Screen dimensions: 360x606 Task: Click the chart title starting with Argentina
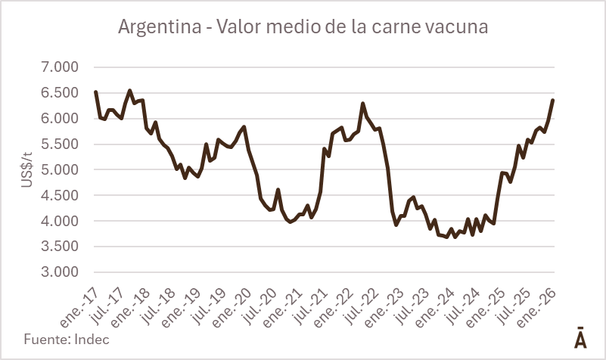click(303, 26)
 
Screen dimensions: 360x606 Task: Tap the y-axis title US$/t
click(26, 169)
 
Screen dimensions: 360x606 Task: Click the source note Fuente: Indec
click(67, 339)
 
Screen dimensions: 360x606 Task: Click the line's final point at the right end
click(553, 100)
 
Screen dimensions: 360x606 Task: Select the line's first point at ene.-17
click(95, 92)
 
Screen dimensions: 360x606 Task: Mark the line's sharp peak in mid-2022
click(363, 104)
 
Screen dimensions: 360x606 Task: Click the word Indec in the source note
click(91, 339)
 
